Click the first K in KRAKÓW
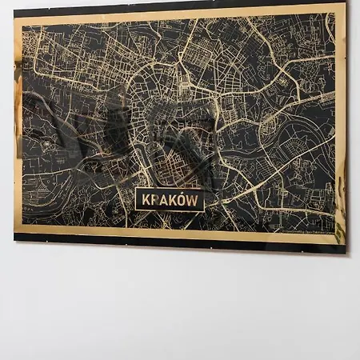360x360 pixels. (144, 201)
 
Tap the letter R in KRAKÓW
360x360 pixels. (154, 201)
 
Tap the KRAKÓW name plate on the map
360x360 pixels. (169, 201)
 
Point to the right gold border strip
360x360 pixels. (339, 120)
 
